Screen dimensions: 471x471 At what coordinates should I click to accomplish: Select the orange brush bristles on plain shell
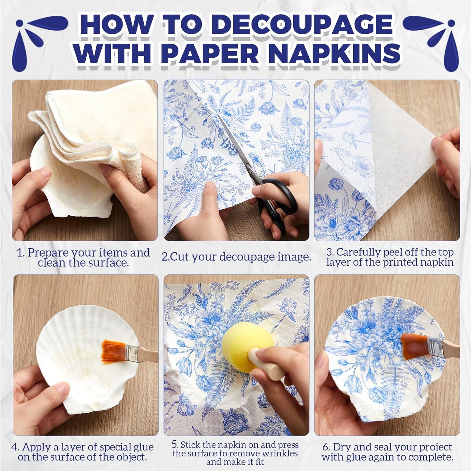[112, 348]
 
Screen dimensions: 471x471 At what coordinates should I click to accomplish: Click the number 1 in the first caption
[20, 253]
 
